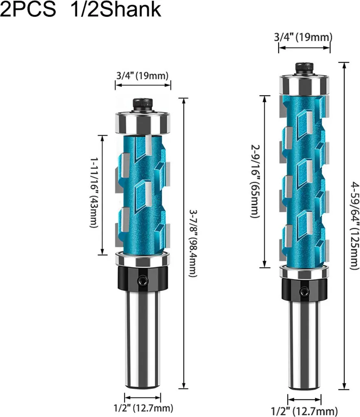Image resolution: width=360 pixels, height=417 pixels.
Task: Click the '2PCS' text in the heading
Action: pyautogui.click(x=28, y=9)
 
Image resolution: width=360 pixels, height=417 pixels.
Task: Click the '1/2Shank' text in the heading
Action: pyautogui.click(x=116, y=9)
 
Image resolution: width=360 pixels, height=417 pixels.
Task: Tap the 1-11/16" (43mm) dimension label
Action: pyautogui.click(x=94, y=193)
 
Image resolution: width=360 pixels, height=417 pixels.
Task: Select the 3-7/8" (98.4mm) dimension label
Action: pyautogui.click(x=193, y=244)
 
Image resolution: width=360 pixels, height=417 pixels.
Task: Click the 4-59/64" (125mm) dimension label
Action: pyautogui.click(x=355, y=226)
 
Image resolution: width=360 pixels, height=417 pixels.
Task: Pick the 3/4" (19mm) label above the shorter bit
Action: pyautogui.click(x=142, y=75)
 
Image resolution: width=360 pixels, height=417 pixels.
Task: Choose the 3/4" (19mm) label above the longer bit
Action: pyautogui.click(x=303, y=37)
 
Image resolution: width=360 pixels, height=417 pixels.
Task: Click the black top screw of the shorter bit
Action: pyautogui.click(x=143, y=105)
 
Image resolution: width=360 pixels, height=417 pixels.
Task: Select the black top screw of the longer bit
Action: pyautogui.click(x=304, y=69)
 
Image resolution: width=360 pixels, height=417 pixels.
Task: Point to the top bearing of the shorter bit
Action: pyautogui.click(x=143, y=123)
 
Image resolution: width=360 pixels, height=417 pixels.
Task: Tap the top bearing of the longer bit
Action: pyautogui.click(x=304, y=85)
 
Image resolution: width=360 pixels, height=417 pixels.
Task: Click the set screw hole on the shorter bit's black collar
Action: pyautogui.click(x=143, y=281)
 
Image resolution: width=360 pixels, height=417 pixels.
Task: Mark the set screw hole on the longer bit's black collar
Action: pyautogui.click(x=304, y=292)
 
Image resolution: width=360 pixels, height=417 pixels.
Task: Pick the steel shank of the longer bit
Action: pyautogui.click(x=304, y=346)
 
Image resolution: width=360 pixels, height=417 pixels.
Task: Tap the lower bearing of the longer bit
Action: pyautogui.click(x=304, y=272)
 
